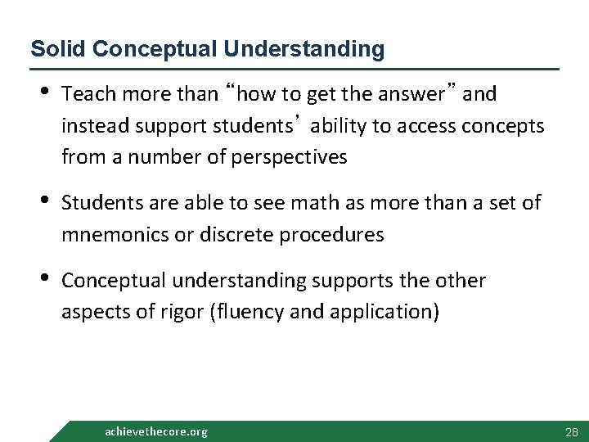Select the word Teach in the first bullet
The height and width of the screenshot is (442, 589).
click(86, 95)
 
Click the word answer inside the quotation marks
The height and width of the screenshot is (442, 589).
click(416, 95)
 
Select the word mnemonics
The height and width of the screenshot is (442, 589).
click(110, 235)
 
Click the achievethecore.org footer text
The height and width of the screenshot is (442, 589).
click(156, 431)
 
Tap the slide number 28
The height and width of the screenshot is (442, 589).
click(571, 431)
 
